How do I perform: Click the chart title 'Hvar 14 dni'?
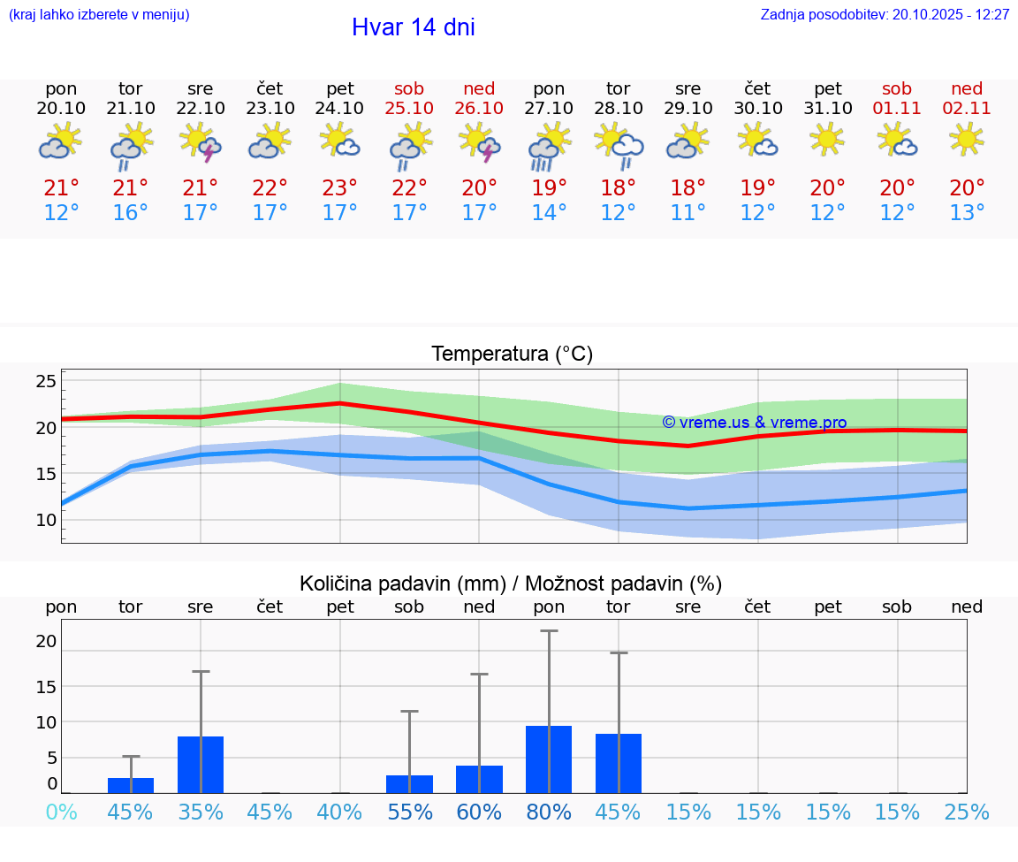pos(413,27)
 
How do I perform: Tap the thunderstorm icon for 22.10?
pos(201,142)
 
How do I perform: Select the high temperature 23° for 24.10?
pos(339,188)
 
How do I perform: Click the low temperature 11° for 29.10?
pos(688,213)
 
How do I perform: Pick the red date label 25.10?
pos(409,108)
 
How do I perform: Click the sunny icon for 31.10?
pos(827,139)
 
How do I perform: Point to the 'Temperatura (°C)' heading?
pos(512,354)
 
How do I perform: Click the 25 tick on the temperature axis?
pos(46,381)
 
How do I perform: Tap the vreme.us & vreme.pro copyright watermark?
pos(754,423)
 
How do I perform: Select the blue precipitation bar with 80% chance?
pos(549,759)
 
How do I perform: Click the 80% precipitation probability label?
pos(549,812)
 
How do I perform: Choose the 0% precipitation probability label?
pos(61,812)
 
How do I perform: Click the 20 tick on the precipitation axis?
pos(46,641)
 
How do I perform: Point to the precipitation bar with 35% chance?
pos(201,765)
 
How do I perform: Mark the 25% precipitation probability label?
pos(967,812)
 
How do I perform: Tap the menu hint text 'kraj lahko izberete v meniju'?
pos(99,14)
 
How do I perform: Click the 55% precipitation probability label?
pos(409,812)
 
